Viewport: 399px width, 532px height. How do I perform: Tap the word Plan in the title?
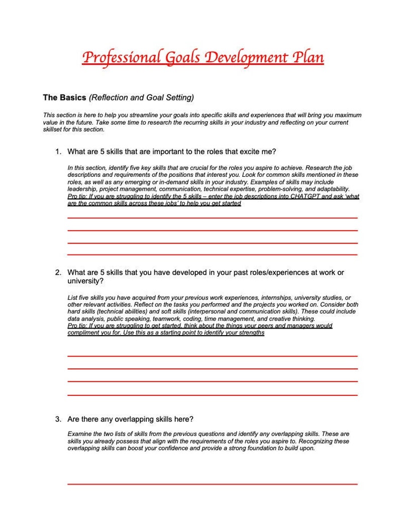click(309, 57)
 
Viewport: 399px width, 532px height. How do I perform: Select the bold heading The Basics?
click(65, 97)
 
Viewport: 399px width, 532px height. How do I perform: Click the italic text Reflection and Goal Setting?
click(141, 97)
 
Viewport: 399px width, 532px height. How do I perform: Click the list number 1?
click(58, 151)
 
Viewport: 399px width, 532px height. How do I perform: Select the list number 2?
click(58, 273)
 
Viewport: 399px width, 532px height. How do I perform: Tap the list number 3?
click(58, 419)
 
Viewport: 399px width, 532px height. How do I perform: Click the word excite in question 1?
click(244, 151)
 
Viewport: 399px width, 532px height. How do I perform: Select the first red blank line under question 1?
click(212, 218)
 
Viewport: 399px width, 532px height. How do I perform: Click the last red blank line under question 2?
click(212, 395)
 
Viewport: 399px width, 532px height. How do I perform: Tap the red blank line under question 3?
click(212, 484)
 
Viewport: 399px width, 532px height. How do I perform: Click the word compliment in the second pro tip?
click(83, 333)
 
